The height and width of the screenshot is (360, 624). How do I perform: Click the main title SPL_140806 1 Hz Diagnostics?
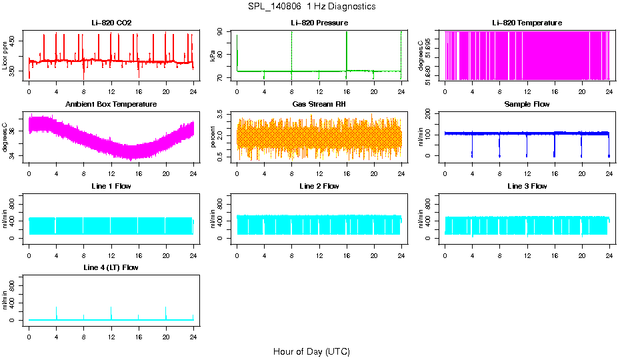click(x=311, y=7)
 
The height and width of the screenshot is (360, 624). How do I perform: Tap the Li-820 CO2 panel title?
click(x=111, y=23)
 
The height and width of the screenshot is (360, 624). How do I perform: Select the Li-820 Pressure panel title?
click(x=319, y=23)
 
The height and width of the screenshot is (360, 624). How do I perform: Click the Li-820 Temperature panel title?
click(x=527, y=23)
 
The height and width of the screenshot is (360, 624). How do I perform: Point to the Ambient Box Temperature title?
click(x=111, y=105)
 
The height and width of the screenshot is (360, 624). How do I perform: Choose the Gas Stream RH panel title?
click(x=319, y=105)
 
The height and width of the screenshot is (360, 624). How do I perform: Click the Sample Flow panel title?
click(x=527, y=105)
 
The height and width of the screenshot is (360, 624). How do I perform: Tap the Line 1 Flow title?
click(x=111, y=186)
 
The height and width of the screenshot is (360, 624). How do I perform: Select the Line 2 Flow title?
click(x=319, y=186)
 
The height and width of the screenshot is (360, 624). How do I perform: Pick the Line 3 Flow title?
click(x=527, y=186)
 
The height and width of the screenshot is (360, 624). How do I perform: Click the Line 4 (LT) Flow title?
click(x=111, y=267)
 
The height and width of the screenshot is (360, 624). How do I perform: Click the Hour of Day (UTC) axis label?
click(x=311, y=351)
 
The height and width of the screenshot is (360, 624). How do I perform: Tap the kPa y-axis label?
click(x=213, y=57)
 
